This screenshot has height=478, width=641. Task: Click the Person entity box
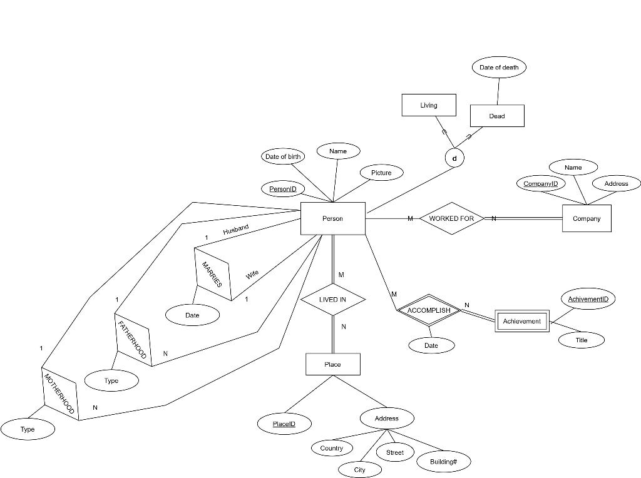tap(332, 218)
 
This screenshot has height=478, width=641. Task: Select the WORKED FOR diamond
tap(451, 218)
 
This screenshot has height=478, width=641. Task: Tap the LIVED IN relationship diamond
tap(332, 300)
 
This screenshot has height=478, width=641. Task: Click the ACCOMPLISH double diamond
tap(429, 310)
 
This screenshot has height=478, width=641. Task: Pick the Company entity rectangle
tap(587, 218)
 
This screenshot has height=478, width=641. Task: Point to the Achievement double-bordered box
tap(521, 321)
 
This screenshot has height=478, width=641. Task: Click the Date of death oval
tap(499, 68)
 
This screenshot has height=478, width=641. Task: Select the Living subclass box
tap(429, 105)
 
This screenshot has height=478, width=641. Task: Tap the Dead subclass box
tap(497, 116)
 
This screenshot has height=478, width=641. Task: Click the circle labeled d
tap(454, 158)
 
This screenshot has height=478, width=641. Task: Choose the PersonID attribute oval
tap(282, 189)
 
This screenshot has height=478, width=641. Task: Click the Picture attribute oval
tap(381, 173)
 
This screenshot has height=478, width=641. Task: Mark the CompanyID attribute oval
tap(540, 183)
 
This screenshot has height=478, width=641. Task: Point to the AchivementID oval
tap(588, 299)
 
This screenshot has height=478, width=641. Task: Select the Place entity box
tap(332, 364)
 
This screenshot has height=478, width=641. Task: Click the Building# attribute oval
tap(443, 462)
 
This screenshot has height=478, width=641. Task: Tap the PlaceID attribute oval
tap(284, 424)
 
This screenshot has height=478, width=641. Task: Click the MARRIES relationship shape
tap(213, 273)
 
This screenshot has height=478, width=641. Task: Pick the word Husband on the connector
tap(236, 230)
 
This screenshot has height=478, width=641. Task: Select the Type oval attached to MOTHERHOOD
tap(28, 429)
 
